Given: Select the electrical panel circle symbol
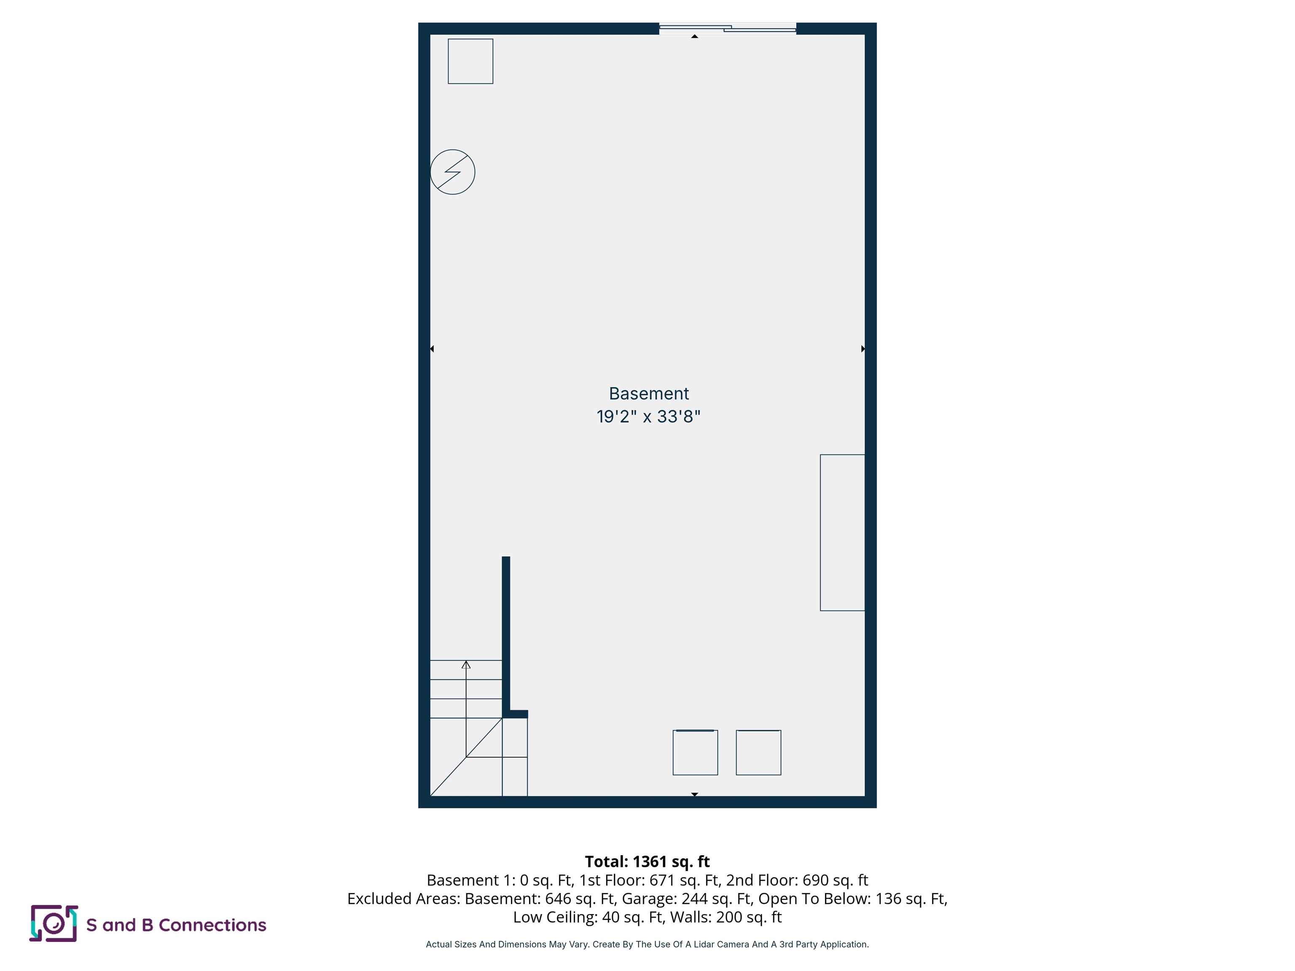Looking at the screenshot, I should coord(453,172).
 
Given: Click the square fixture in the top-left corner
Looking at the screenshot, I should coord(470,62).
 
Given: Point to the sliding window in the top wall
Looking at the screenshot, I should coord(727,28).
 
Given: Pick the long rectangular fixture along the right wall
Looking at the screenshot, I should coord(842,533).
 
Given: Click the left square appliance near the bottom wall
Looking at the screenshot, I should coord(695,753).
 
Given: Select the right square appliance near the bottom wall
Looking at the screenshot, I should coord(758,753).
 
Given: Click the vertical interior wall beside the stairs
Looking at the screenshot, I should coord(506,635).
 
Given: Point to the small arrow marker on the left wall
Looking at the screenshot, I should coord(432,349).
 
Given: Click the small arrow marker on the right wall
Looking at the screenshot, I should coord(863,349).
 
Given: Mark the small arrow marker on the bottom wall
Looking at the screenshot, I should coord(694,794).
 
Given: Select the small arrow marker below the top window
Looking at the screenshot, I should coord(694,36).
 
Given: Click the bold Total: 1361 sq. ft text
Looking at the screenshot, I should coord(647,861).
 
